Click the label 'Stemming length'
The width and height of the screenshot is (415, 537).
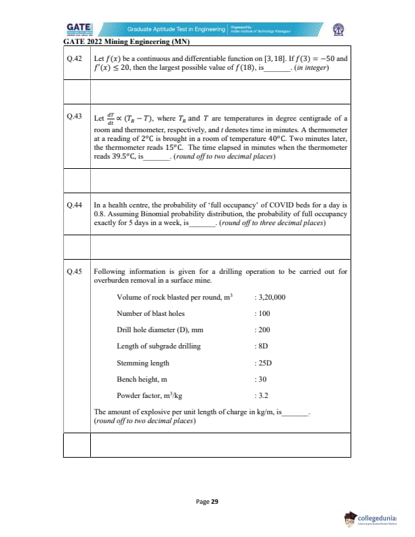click(x=143, y=363)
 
